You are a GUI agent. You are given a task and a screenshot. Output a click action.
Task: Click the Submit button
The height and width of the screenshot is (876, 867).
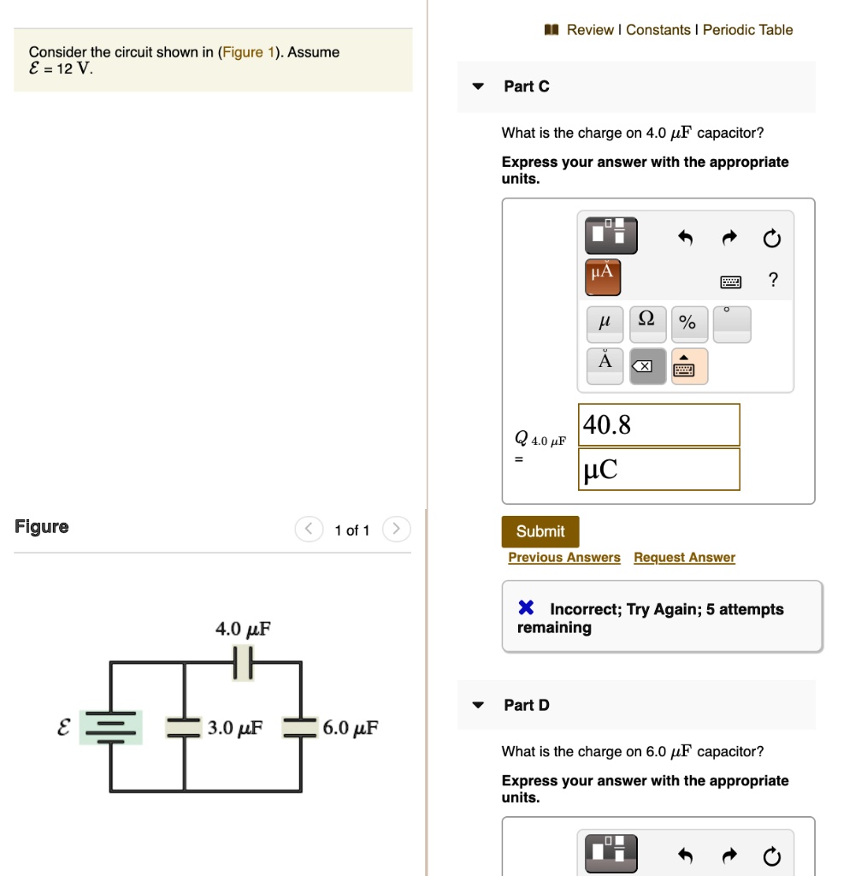[x=540, y=531]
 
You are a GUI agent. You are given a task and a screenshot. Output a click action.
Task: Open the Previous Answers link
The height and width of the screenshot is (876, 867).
[x=564, y=558]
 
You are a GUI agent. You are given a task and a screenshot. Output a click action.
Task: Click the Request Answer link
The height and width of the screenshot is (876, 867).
[x=684, y=558]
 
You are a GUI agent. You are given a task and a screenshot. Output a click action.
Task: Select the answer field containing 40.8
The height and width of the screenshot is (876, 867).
[x=658, y=424]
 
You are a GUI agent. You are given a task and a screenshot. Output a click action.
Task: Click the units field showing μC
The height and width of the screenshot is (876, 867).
[x=658, y=470]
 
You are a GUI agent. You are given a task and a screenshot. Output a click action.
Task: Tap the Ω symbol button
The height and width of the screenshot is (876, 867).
[x=647, y=323]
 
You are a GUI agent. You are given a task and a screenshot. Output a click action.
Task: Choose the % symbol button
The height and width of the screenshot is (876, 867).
[x=687, y=323]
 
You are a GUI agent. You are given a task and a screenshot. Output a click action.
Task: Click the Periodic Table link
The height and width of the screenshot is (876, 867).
[x=747, y=30]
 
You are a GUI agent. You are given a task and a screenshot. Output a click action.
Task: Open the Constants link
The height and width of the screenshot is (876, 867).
[x=658, y=30]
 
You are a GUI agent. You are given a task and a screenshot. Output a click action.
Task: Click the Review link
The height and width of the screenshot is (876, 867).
[x=590, y=30]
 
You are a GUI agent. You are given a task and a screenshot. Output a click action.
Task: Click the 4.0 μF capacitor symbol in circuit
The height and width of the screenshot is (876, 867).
[x=244, y=662]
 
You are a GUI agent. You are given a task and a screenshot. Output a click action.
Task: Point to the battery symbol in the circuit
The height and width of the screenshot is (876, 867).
[x=110, y=727]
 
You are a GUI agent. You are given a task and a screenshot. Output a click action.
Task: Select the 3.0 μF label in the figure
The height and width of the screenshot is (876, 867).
[x=235, y=728]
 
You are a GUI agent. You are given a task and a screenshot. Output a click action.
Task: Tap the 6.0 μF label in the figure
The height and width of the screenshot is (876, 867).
[x=351, y=728]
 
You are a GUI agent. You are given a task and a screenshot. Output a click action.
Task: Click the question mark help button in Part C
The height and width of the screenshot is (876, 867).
[x=773, y=280]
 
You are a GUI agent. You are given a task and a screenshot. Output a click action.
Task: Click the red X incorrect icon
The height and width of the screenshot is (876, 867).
[x=527, y=608]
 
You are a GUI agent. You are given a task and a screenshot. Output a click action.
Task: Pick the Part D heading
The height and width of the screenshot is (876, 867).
[x=527, y=705]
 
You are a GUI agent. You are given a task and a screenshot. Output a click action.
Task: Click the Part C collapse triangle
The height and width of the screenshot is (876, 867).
[x=479, y=86]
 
